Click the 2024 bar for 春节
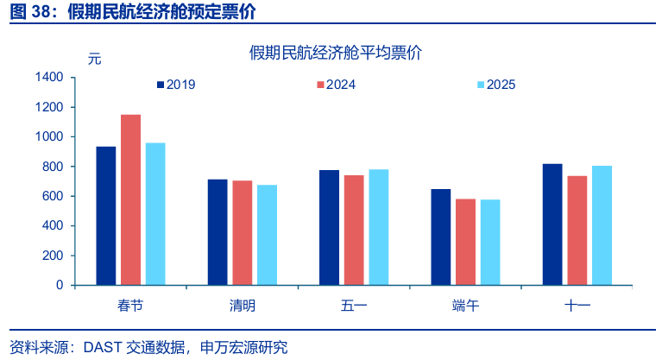coord(130,199)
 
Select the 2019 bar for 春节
coord(105,216)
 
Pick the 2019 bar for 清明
coord(218,232)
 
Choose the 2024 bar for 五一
coord(354,230)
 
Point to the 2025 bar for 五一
coord(379,227)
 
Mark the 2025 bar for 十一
coord(602,225)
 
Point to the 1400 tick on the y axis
coord(49,78)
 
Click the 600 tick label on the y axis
coord(53,196)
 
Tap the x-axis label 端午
coord(465,306)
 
